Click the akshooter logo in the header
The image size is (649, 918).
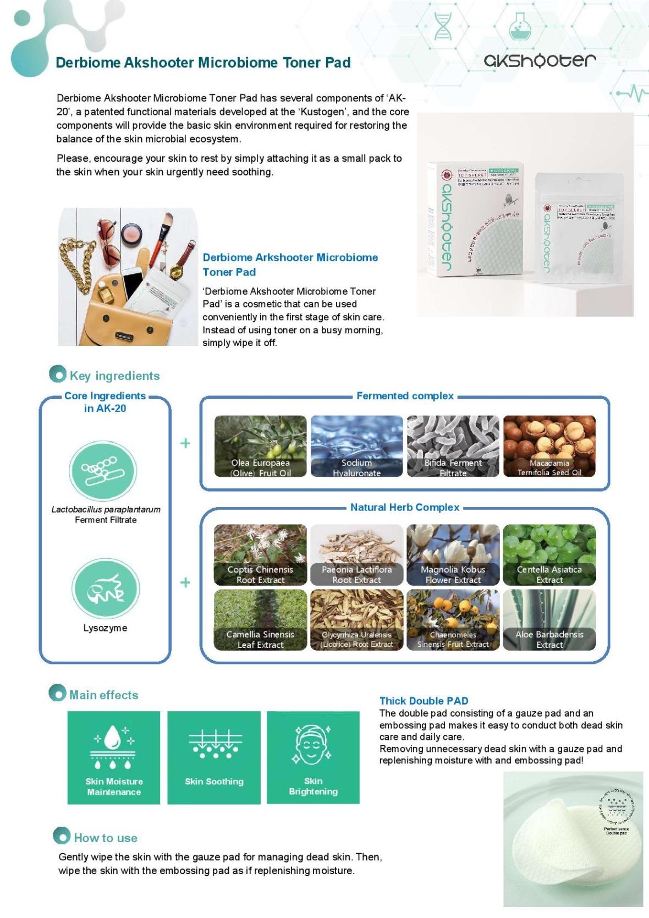click(540, 61)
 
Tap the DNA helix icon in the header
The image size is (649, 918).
click(443, 26)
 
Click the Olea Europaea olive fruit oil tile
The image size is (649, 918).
click(260, 446)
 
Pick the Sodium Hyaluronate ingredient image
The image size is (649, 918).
click(356, 446)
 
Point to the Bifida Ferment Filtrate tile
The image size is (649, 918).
click(453, 446)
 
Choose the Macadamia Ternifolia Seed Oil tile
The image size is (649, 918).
click(549, 446)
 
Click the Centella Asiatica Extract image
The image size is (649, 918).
click(549, 554)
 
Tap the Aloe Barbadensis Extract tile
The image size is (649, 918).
click(549, 620)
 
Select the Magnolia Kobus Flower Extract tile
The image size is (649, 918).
click(453, 554)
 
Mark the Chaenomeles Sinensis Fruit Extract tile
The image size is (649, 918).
click(453, 620)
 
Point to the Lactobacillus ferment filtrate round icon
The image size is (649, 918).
click(103, 471)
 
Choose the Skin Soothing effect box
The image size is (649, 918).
click(214, 757)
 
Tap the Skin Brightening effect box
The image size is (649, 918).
click(313, 757)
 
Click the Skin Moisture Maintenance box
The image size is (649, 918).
click(114, 757)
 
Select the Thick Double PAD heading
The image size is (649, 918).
click(424, 701)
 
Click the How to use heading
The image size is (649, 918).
click(105, 838)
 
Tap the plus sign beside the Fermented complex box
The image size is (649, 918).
click(185, 443)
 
